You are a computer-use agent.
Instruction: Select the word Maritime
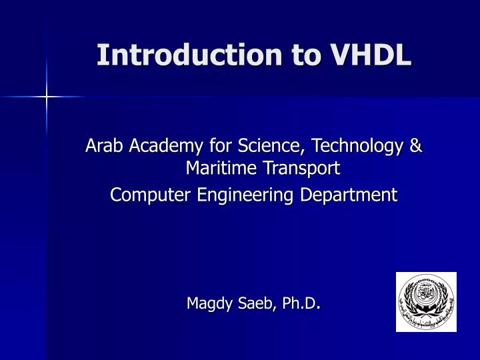217,169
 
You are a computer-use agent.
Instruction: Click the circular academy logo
426,301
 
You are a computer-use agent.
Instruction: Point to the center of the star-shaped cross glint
46,97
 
